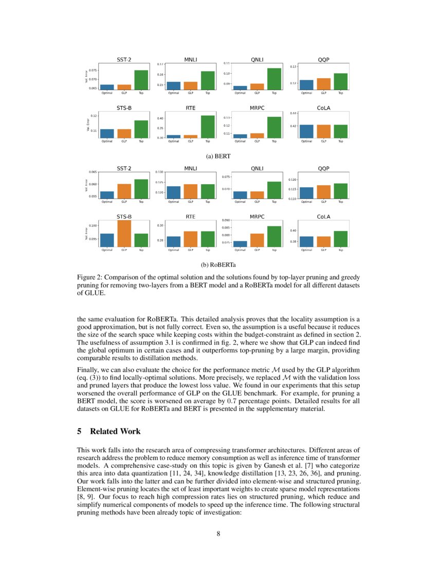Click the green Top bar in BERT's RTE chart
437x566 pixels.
208,127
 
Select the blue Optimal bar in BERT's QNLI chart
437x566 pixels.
240,88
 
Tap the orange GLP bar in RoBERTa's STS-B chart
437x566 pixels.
124,234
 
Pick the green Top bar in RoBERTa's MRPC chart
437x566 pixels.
274,236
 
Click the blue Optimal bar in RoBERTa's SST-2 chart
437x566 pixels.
107,195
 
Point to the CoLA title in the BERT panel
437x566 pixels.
323,109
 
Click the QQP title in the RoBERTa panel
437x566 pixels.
323,168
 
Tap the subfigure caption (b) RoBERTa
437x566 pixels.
218,266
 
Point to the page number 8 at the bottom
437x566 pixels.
218,534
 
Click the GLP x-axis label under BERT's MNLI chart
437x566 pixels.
191,93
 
